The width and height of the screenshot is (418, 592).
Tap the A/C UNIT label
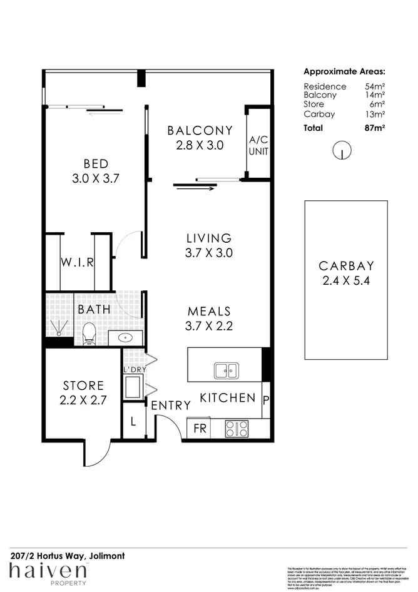click(258, 145)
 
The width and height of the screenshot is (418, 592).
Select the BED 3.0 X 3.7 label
click(96, 170)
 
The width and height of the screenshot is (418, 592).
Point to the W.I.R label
click(77, 262)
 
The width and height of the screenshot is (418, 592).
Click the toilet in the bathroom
click(88, 334)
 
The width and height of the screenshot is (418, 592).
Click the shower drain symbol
click(59, 333)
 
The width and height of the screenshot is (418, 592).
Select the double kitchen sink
click(225, 370)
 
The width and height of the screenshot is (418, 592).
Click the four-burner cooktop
click(237, 429)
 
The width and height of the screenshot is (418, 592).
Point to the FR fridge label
click(200, 429)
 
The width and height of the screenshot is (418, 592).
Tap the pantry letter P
click(266, 398)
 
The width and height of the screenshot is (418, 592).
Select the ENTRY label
click(171, 406)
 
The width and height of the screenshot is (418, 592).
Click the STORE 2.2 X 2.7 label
click(83, 392)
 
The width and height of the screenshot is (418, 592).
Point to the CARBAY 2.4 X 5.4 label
click(345, 273)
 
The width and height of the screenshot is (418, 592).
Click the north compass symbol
click(341, 150)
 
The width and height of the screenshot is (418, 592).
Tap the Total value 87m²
click(375, 128)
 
